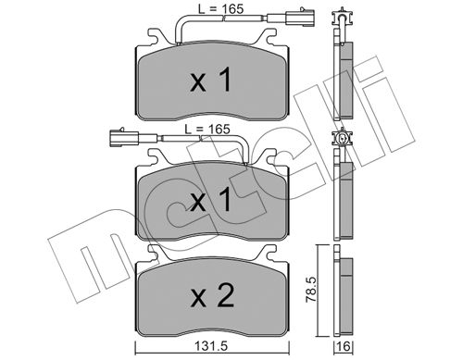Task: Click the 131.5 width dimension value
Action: pos(212,346)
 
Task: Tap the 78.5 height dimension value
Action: pos(312,290)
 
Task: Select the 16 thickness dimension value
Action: pos(344,346)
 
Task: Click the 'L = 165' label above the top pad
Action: pos(220,9)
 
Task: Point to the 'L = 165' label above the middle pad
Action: pos(207,130)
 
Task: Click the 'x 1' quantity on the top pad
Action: pos(211,81)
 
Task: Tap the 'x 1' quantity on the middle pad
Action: pos(211,201)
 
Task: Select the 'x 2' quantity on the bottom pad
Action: pos(212,295)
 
